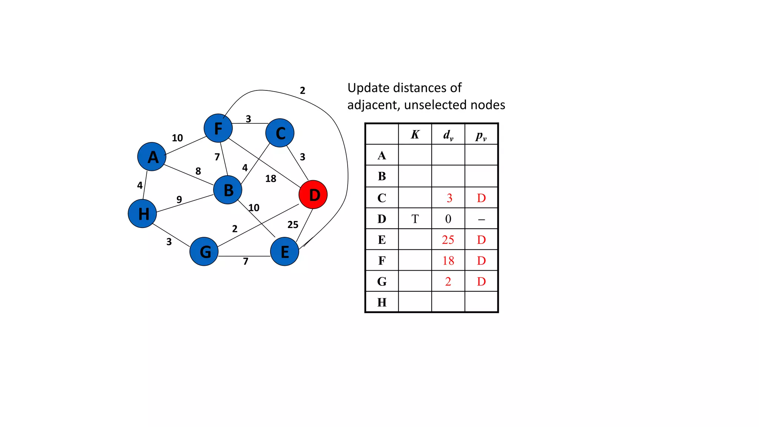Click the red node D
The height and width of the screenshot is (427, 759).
tap(313, 195)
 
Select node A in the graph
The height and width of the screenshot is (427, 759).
tap(152, 157)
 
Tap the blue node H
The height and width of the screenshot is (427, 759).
tap(142, 213)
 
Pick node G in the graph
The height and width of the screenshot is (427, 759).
tap(204, 252)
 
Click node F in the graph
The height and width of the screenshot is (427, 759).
tap(218, 128)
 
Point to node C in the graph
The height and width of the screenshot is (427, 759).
tap(280, 133)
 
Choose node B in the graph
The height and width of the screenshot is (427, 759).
tap(228, 190)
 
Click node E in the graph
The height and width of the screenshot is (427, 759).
tap(285, 252)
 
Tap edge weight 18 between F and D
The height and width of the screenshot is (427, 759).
tap(271, 179)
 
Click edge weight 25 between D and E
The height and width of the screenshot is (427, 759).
tap(293, 225)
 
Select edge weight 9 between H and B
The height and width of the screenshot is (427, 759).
tap(179, 199)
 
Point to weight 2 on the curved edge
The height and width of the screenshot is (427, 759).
tap(302, 90)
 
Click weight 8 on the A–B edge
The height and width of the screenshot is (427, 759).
tap(198, 171)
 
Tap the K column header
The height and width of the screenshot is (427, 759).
tap(415, 135)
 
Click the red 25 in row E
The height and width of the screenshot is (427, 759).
tap(448, 240)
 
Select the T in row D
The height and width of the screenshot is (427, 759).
tap(415, 219)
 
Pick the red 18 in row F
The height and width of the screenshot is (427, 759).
tap(448, 261)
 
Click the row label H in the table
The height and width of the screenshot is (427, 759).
tap(382, 302)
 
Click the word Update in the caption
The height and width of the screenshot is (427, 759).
tap(368, 88)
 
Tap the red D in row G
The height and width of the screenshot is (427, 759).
tap(481, 282)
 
